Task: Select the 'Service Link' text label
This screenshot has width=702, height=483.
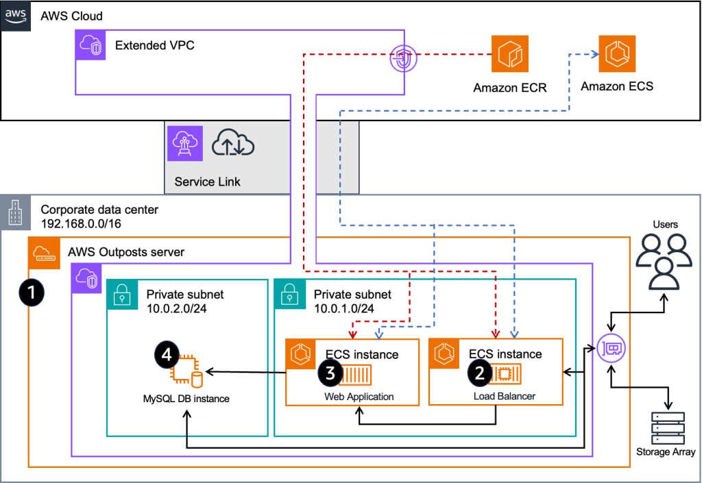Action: pos(208,182)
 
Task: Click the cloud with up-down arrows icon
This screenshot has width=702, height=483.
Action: pos(233,143)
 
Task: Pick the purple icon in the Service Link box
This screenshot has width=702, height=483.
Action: pos(185,143)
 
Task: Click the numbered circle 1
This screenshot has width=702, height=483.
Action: pos(31,293)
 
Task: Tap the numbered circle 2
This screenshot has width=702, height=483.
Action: pos(479,372)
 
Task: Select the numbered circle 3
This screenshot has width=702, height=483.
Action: pos(330,372)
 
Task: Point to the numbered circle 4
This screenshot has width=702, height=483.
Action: pos(167,354)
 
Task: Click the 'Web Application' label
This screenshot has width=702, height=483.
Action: pos(359,397)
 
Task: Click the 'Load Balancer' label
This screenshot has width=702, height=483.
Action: pos(504,397)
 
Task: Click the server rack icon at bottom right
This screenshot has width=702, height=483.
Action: pos(668,428)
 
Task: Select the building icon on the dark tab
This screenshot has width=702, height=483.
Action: pos(14,212)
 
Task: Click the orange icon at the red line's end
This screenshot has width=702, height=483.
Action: pos(511,53)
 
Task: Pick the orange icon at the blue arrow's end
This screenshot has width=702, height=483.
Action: pos(617,53)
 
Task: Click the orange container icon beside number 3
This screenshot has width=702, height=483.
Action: pos(355,375)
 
